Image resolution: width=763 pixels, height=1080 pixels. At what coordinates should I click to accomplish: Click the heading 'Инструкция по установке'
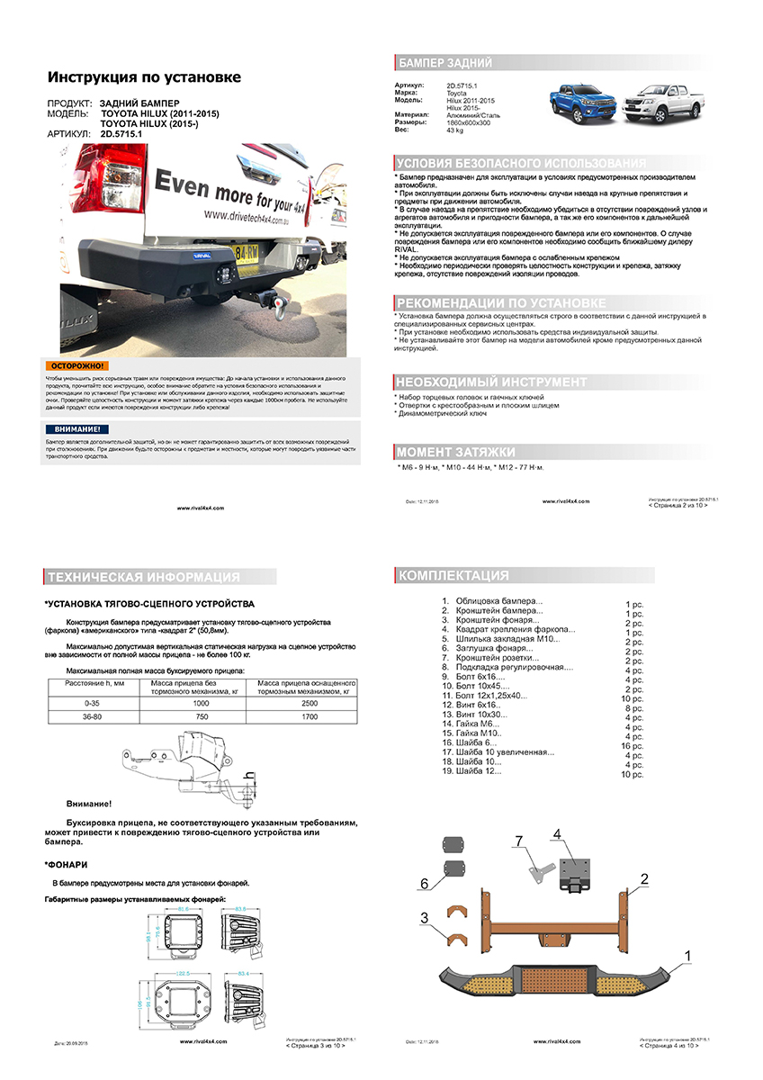click(x=144, y=77)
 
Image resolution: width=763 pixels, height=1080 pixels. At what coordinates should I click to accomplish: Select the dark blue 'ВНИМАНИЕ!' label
click(x=77, y=429)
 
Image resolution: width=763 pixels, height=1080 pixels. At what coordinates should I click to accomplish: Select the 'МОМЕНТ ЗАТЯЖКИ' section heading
click(x=456, y=452)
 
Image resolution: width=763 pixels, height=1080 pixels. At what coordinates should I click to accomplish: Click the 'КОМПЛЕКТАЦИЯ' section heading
click(x=453, y=575)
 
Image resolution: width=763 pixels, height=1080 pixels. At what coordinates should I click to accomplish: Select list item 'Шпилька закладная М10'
click(x=507, y=639)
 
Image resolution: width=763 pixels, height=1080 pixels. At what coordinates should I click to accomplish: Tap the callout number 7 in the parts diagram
click(x=518, y=840)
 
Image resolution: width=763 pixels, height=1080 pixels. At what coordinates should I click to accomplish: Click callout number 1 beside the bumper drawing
click(x=688, y=955)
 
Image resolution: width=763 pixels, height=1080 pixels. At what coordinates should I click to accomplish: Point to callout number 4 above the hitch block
click(x=557, y=835)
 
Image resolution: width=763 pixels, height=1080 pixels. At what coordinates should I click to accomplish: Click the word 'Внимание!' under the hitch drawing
click(x=89, y=803)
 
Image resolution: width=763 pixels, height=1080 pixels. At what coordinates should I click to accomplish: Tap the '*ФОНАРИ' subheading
click(x=66, y=864)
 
